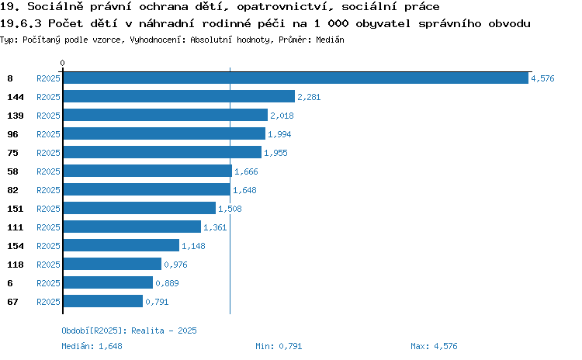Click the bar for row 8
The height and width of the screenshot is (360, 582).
(296, 78)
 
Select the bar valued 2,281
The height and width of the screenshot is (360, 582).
(179, 96)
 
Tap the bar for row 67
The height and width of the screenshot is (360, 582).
(102, 301)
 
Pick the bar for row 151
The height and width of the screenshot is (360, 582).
(139, 208)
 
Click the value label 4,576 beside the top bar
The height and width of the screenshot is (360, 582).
(542, 78)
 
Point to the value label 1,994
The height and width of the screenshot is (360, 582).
(279, 134)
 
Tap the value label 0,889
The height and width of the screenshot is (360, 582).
(167, 283)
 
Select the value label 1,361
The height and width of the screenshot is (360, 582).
(215, 227)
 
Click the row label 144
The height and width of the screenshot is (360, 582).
(16, 97)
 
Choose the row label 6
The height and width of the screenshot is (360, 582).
(10, 283)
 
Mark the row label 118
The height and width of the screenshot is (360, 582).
(16, 265)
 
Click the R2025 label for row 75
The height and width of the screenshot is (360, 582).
(48, 153)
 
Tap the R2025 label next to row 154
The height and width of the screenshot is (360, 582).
(48, 246)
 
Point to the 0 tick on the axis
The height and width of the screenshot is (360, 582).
(62, 63)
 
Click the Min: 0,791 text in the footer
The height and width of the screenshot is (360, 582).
(279, 346)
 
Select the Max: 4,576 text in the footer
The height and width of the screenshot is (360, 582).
(434, 346)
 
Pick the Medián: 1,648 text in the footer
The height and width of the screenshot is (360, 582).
(92, 346)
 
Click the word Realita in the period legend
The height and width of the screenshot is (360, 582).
(147, 331)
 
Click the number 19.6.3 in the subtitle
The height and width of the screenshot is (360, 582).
(20, 24)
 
